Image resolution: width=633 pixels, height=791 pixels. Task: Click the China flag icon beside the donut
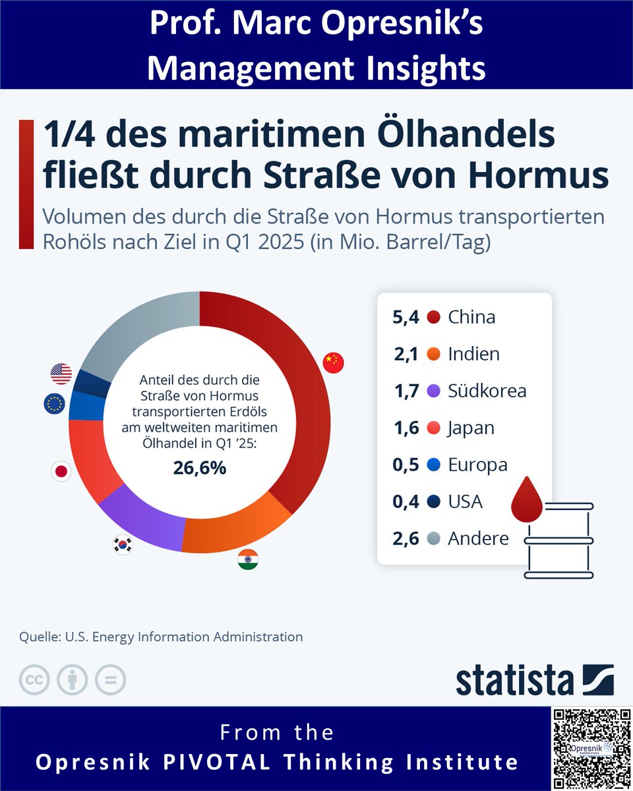point(334,363)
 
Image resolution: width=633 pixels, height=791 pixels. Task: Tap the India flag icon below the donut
point(248,560)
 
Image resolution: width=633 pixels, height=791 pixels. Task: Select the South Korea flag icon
point(123,544)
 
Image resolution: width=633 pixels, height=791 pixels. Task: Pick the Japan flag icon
point(61,471)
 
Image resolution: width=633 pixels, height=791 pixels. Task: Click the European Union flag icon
point(54,403)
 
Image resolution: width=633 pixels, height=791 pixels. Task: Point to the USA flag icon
point(61,374)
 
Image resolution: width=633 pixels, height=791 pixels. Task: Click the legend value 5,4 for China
point(406,317)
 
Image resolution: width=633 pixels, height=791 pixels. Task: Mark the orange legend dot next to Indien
point(433,355)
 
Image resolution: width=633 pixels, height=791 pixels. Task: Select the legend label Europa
point(477,465)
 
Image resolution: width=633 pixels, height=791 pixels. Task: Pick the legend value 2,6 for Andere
point(406,539)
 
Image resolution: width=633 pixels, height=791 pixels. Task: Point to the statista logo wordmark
point(515,680)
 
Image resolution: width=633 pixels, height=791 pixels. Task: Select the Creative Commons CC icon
point(34,680)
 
